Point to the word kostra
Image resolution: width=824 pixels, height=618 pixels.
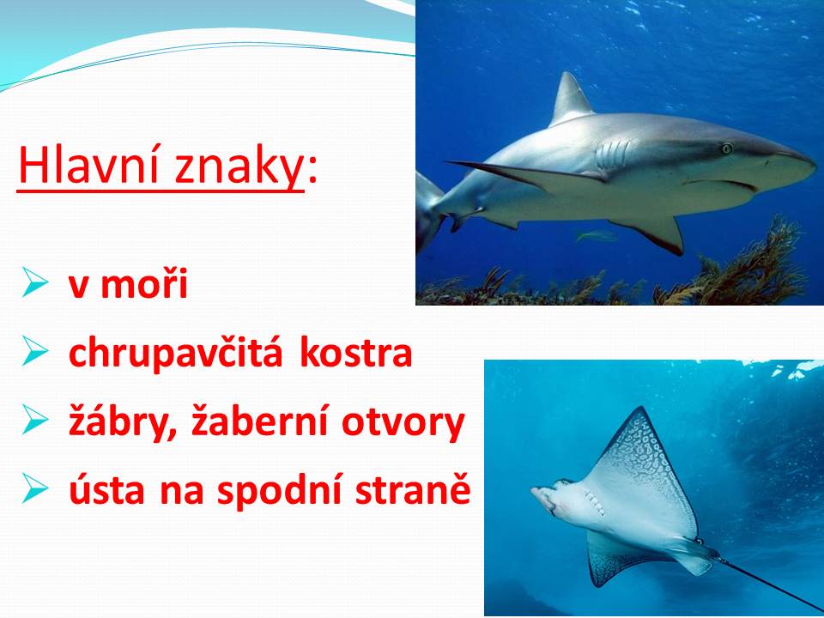pyautogui.click(x=355, y=352)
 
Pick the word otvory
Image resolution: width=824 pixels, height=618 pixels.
pyautogui.click(x=403, y=423)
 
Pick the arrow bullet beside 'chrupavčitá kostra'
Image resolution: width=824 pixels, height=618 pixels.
pyautogui.click(x=35, y=351)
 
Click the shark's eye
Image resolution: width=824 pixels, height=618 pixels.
pyautogui.click(x=727, y=148)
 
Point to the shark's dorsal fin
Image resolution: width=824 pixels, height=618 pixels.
pyautogui.click(x=571, y=99)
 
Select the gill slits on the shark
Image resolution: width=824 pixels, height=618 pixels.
pyautogui.click(x=613, y=154)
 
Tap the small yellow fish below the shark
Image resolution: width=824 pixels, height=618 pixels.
pyautogui.click(x=596, y=236)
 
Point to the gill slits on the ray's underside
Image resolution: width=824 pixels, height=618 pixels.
pyautogui.click(x=593, y=500)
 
